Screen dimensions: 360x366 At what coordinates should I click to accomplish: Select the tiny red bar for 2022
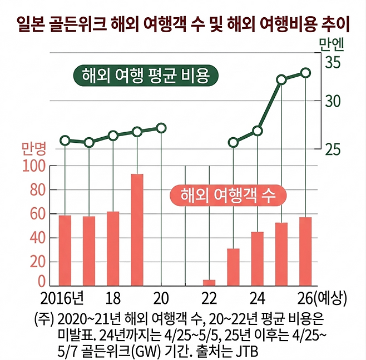tap(209, 283)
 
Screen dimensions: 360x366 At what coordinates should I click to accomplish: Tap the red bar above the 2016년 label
tap(65, 251)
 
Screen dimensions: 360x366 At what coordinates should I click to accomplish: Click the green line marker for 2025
tap(281, 79)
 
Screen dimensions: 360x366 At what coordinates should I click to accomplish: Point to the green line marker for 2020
tap(161, 128)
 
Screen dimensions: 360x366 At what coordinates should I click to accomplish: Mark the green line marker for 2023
tap(233, 142)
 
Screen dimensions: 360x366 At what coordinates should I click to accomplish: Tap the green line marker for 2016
tap(65, 141)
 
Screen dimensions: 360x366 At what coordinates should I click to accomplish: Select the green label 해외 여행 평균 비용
tap(145, 76)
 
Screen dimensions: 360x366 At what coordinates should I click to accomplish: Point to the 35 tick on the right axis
tap(333, 62)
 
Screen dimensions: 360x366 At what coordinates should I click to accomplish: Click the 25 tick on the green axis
tap(333, 149)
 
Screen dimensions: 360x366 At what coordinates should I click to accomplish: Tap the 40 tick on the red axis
tap(37, 238)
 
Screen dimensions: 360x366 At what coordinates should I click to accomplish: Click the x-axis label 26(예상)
tap(323, 298)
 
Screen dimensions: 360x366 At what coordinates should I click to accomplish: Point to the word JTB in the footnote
tap(245, 353)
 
